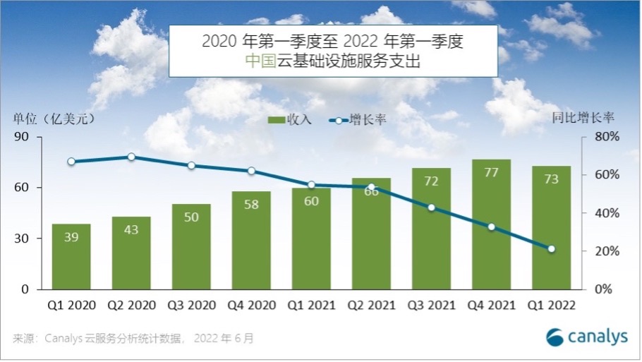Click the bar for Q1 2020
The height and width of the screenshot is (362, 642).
[x=71, y=257]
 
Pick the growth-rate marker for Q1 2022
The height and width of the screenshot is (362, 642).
[x=552, y=248]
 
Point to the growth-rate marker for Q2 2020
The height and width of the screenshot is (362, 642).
[x=131, y=157]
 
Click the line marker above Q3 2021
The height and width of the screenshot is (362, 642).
[x=432, y=207]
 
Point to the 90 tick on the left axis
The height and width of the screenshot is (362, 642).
[x=30, y=137]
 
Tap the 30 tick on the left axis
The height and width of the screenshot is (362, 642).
[x=30, y=239]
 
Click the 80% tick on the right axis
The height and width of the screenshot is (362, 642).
[x=607, y=137]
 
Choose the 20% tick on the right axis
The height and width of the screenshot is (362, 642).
[x=607, y=251]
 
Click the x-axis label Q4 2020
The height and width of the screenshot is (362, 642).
[x=251, y=306]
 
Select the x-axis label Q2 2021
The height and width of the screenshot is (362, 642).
[x=371, y=306]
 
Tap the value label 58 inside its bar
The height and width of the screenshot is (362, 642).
[x=251, y=204]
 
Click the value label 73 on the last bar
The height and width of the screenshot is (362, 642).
[x=552, y=179]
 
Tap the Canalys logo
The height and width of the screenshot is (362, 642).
[x=587, y=337]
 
